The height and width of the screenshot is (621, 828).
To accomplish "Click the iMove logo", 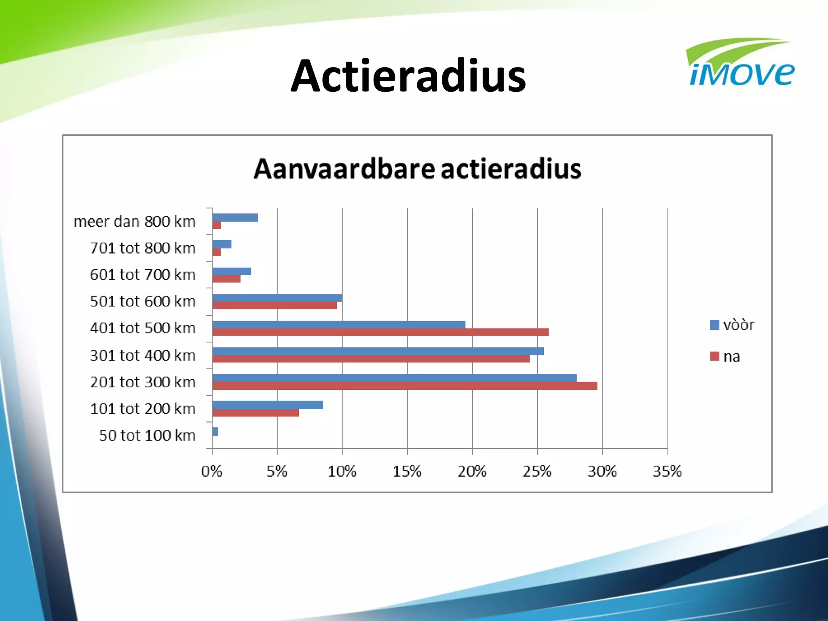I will tap(741, 65).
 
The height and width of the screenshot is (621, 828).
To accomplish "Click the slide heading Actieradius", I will tap(408, 76).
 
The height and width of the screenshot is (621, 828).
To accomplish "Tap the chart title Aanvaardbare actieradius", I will tap(417, 169).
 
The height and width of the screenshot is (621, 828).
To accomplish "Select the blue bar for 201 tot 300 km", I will tap(394, 378).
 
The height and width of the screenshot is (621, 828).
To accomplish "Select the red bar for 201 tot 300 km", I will tap(404, 386).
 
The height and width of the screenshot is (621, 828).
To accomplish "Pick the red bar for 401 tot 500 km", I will tap(380, 332).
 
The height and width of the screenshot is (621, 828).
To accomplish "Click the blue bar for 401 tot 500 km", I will tap(338, 325).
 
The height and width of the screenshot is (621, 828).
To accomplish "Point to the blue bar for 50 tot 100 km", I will tap(215, 431).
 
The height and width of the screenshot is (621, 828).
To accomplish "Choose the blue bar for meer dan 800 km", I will tap(235, 218).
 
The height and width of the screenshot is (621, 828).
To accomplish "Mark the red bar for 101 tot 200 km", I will tap(256, 413).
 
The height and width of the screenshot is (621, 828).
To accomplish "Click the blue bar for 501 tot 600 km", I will tap(277, 298).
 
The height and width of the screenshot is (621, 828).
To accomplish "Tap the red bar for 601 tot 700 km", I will tap(226, 279).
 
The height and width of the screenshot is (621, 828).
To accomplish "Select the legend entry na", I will tap(726, 357).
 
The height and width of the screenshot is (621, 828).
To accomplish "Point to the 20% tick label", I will tap(472, 471).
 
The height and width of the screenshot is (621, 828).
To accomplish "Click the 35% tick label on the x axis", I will tap(667, 471).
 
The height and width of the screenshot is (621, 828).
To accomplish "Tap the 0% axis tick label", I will tap(211, 471).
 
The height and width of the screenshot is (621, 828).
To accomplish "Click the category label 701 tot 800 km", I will tap(143, 248).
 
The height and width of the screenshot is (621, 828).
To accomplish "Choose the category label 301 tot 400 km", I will tap(143, 355).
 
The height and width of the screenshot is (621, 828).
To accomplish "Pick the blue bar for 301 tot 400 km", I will tap(378, 351).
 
